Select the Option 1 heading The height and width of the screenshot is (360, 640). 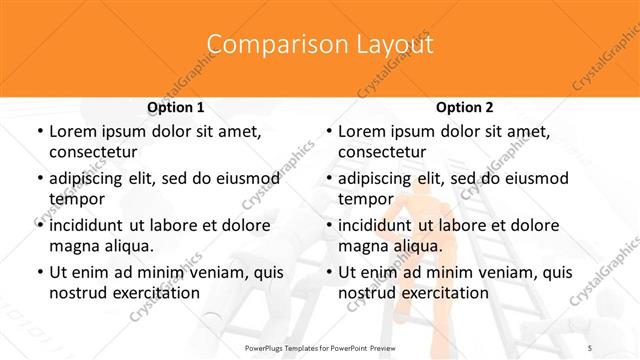tap(176, 107)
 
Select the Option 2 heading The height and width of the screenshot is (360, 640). tap(465, 107)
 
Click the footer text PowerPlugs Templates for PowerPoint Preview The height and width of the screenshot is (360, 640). tap(319, 346)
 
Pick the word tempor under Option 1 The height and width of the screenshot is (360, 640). tap(75, 198)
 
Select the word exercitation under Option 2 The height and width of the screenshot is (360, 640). tap(443, 292)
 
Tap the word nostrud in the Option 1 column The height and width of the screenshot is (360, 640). tap(78, 292)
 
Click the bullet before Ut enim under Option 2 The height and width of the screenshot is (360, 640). tap(328, 272)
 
